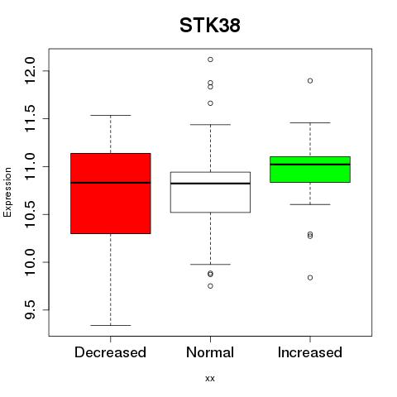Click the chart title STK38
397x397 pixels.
(210, 26)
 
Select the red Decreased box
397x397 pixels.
(111, 194)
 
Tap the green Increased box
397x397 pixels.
(310, 170)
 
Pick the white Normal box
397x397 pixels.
(210, 192)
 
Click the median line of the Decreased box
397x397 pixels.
(111, 183)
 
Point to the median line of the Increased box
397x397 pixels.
(310, 165)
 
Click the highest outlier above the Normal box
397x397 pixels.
(210, 60)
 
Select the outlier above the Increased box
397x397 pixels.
(310, 81)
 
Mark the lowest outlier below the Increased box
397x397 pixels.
(310, 278)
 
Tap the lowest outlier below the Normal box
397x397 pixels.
(210, 286)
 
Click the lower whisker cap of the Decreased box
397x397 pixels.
(111, 325)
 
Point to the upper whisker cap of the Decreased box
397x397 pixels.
(111, 115)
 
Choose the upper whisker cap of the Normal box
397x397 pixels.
(210, 125)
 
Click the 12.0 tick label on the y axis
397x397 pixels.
(30, 71)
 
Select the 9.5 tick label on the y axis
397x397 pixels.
(30, 310)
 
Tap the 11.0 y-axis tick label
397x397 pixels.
(30, 166)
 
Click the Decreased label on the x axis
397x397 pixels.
(110, 352)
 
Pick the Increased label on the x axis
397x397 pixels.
(310, 352)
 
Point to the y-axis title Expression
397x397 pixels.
(7, 192)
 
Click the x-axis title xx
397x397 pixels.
(210, 379)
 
